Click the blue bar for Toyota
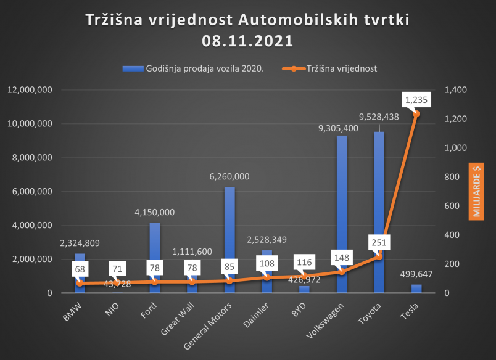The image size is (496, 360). (x=379, y=197)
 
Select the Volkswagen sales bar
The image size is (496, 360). (x=341, y=197)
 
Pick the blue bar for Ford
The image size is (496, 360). (x=154, y=247)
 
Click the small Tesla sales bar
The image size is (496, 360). (x=416, y=288)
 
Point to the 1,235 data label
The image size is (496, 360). (x=416, y=99)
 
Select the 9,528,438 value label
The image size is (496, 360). (x=379, y=116)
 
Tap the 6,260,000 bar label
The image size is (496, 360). (x=229, y=176)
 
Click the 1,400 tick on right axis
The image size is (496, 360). (x=455, y=90)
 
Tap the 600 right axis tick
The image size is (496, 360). (x=453, y=206)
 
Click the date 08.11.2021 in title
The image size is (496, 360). (x=247, y=41)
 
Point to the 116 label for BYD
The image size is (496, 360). (x=304, y=262)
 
